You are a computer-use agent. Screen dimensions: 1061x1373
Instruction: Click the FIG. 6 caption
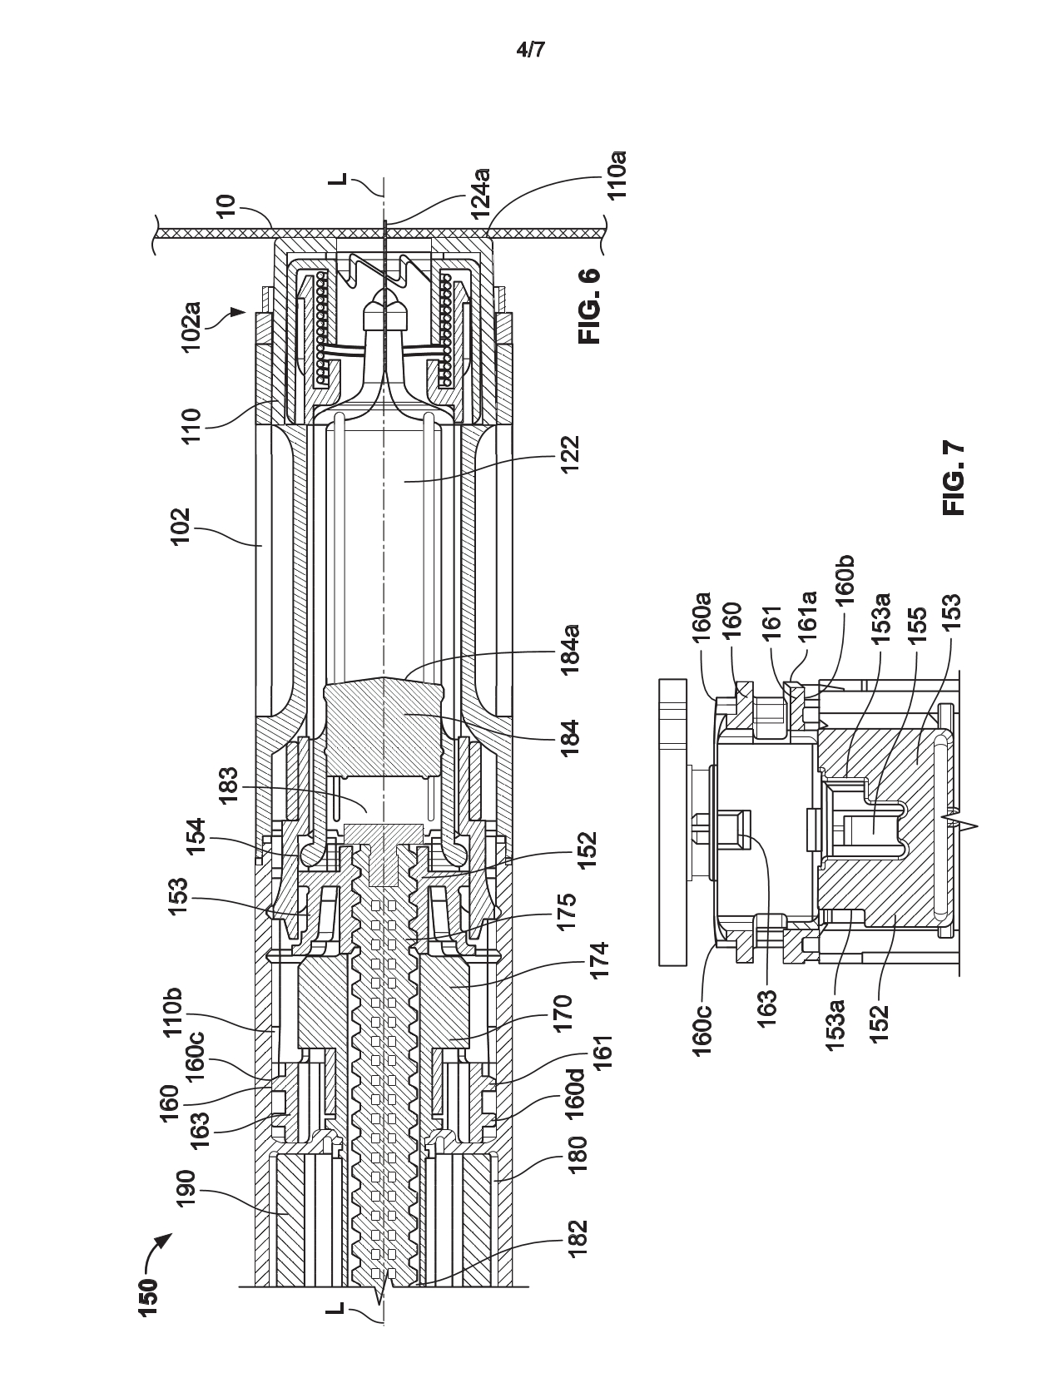click(x=590, y=306)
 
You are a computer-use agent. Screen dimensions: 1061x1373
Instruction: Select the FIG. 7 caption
click(x=953, y=479)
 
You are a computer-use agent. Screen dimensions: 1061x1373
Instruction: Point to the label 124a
click(x=482, y=193)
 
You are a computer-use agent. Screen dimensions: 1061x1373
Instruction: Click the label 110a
click(x=616, y=175)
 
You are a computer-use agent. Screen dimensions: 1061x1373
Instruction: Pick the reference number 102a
click(x=191, y=327)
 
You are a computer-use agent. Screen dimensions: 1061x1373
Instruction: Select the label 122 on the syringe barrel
click(x=568, y=454)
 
